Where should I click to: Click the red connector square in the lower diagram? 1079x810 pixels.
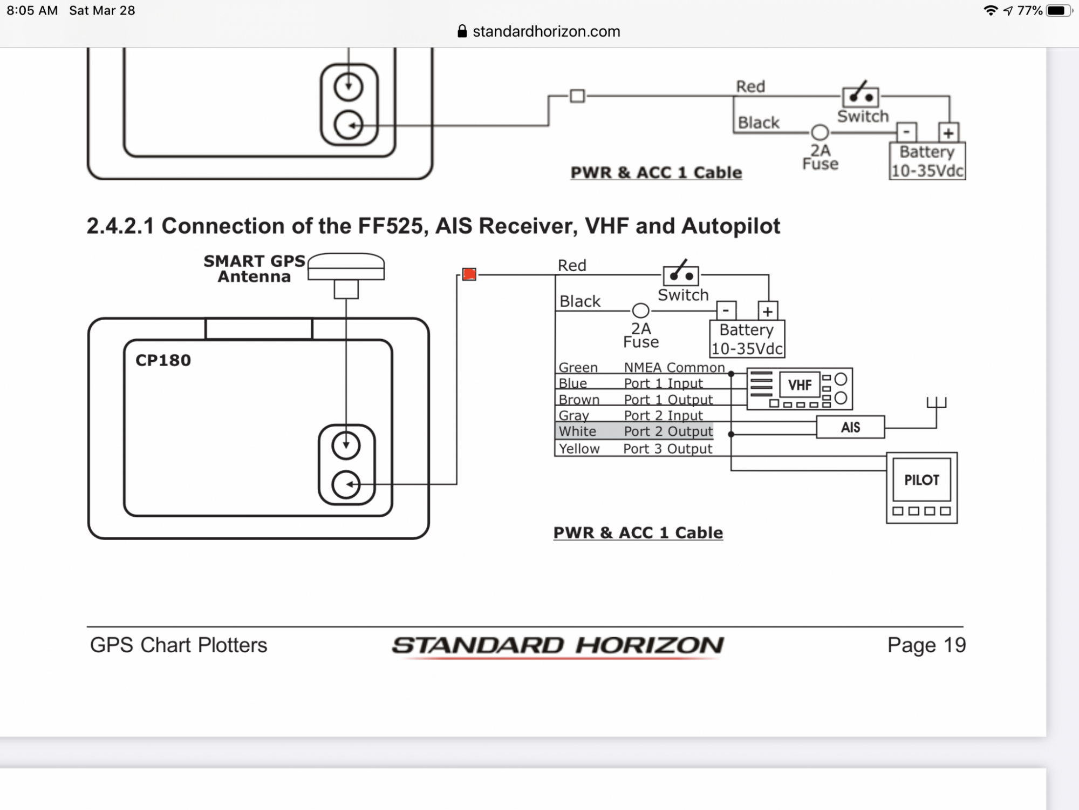469,274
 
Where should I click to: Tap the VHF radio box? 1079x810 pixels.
800,389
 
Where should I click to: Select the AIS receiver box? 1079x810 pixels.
850,427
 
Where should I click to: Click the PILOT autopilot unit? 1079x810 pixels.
921,488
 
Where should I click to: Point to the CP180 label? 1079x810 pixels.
163,360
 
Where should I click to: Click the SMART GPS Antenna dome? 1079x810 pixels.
346,266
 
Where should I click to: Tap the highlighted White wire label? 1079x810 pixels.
577,431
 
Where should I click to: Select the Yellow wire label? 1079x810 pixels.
579,449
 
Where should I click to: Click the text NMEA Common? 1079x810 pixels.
674,367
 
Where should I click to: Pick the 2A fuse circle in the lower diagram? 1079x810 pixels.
640,310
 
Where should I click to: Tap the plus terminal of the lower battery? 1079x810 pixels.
768,311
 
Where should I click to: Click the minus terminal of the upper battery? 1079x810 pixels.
906,132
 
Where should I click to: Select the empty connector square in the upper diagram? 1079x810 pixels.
577,96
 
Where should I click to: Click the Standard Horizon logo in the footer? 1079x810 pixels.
558,646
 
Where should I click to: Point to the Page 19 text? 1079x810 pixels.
926,645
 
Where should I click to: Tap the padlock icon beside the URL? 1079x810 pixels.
462,31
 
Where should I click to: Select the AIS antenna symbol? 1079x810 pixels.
937,403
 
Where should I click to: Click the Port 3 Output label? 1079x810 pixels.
668,449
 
